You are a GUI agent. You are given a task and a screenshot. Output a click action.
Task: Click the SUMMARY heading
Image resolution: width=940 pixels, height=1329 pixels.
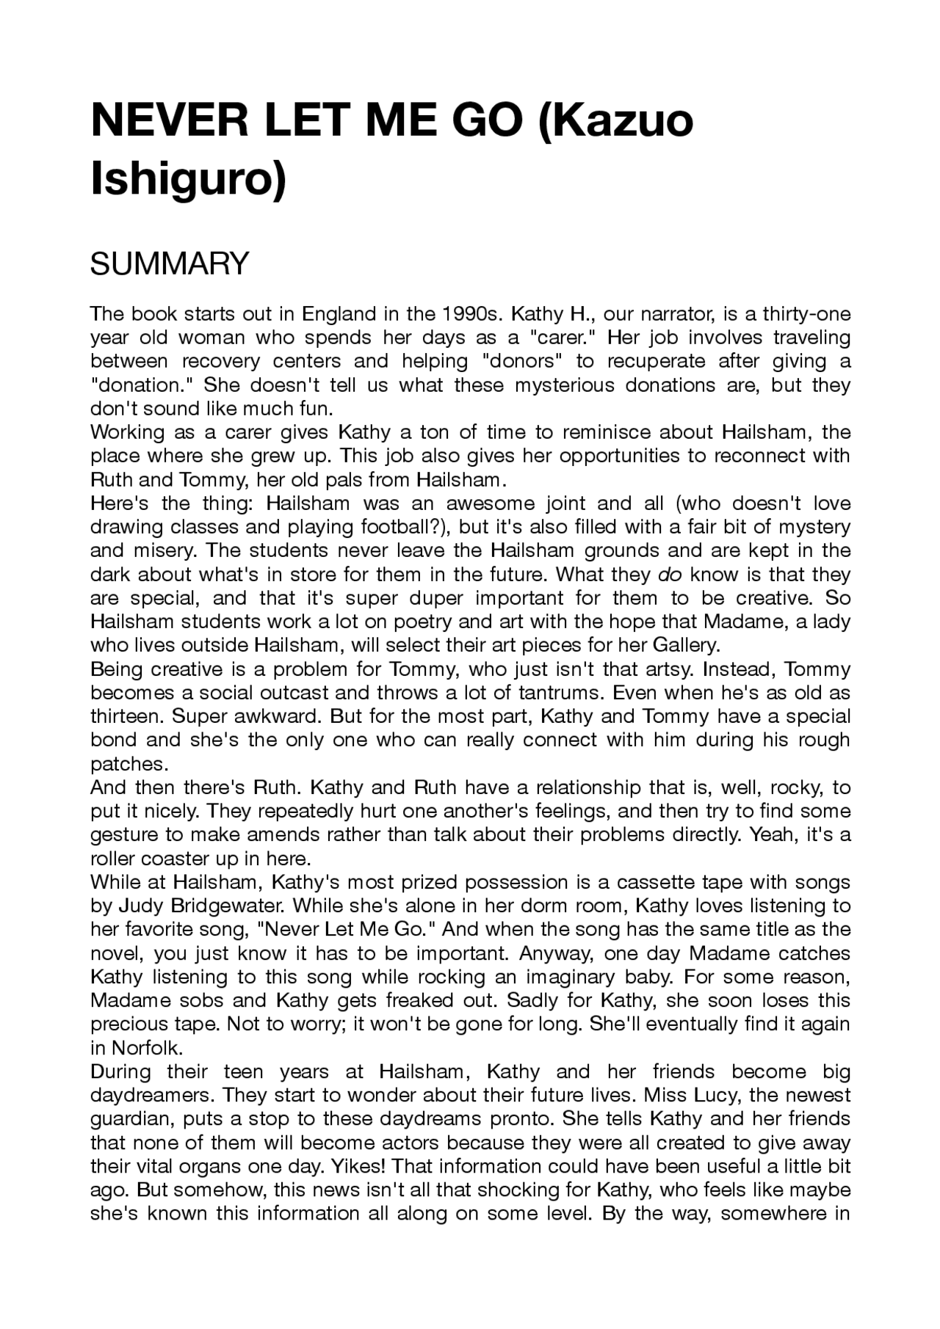coord(170,263)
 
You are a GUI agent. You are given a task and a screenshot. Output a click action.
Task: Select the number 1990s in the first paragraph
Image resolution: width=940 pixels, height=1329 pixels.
coord(467,314)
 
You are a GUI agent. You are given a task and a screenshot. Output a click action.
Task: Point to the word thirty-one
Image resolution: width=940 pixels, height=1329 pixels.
coord(806,314)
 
